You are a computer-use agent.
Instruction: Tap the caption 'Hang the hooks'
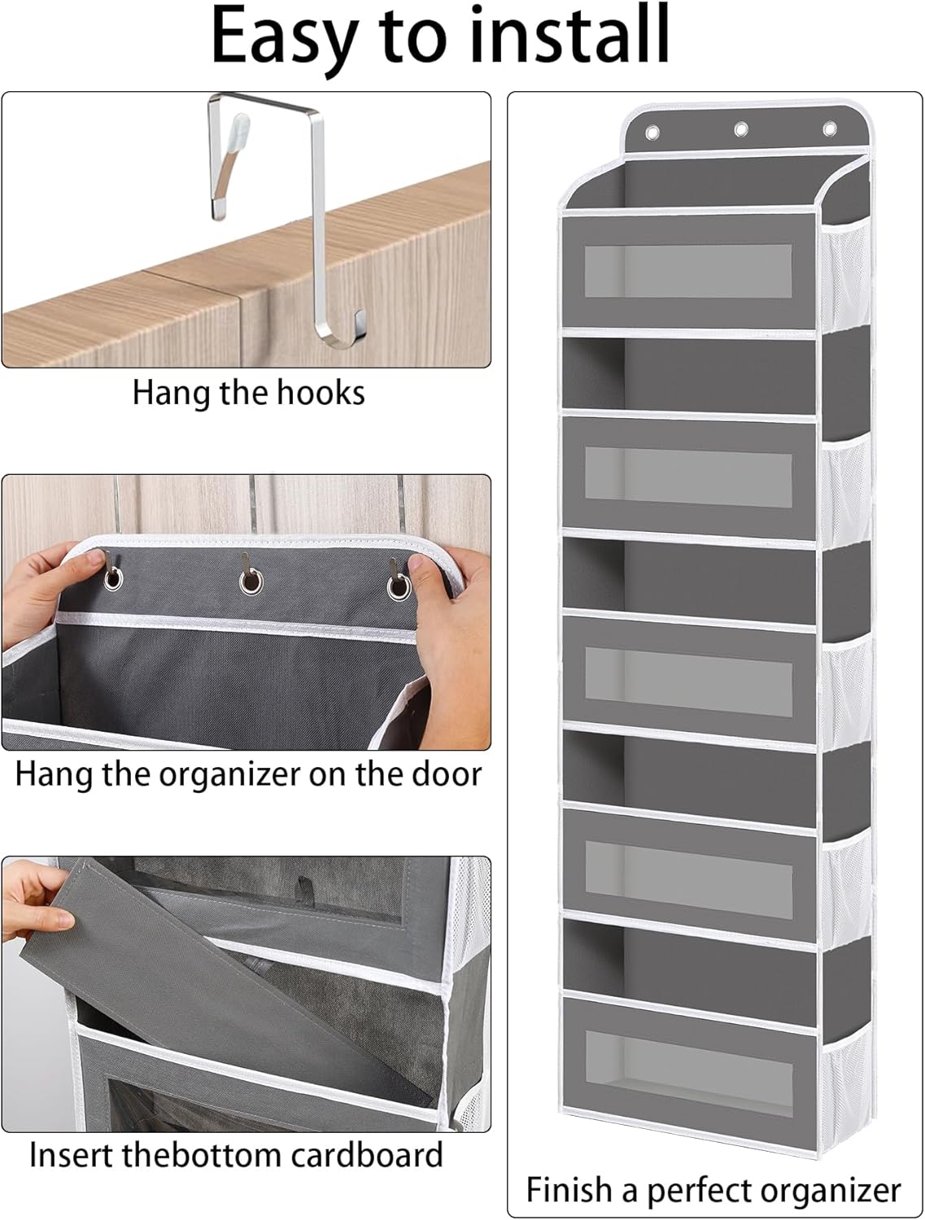pyautogui.click(x=248, y=393)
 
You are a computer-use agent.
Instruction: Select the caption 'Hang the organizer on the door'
pyautogui.click(x=248, y=773)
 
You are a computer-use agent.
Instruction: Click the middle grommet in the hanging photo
pyautogui.click(x=251, y=582)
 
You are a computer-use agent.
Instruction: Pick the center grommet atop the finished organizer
pyautogui.click(x=740, y=129)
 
